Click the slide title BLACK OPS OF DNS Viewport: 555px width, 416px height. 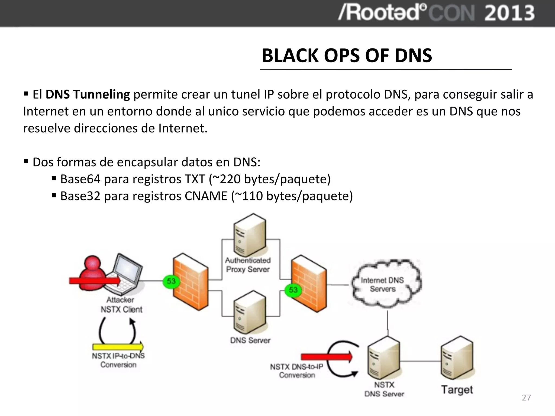[x=347, y=56]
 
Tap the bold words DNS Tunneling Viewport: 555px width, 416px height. [x=88, y=95]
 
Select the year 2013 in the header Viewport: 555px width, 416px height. [x=509, y=13]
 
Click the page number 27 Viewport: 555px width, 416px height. [x=526, y=398]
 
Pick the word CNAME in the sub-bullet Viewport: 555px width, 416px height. [x=206, y=196]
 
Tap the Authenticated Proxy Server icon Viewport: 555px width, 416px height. [x=250, y=235]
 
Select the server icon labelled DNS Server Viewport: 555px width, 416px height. [x=250, y=312]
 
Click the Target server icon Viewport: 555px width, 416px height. [x=457, y=358]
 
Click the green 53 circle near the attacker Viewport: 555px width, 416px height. [x=171, y=281]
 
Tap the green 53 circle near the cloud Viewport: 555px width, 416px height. [x=293, y=290]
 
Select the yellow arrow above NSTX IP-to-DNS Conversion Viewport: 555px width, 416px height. [x=118, y=347]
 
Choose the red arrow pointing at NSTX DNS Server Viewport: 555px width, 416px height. [x=326, y=357]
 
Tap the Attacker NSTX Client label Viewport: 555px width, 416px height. [x=121, y=305]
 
